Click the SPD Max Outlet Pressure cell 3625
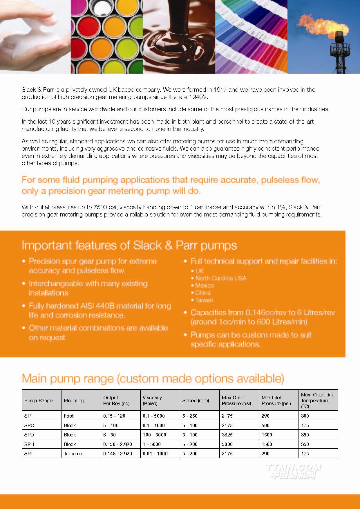[x=227, y=435]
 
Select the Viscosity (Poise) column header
[x=152, y=400]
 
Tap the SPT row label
[x=29, y=454]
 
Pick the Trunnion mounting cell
[x=73, y=454]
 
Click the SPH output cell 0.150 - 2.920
[x=117, y=444]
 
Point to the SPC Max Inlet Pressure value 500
[x=265, y=425]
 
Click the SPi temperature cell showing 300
[x=305, y=416]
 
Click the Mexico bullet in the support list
[x=205, y=286]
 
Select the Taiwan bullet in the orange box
[x=204, y=300]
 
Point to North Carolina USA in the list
[x=220, y=278]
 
